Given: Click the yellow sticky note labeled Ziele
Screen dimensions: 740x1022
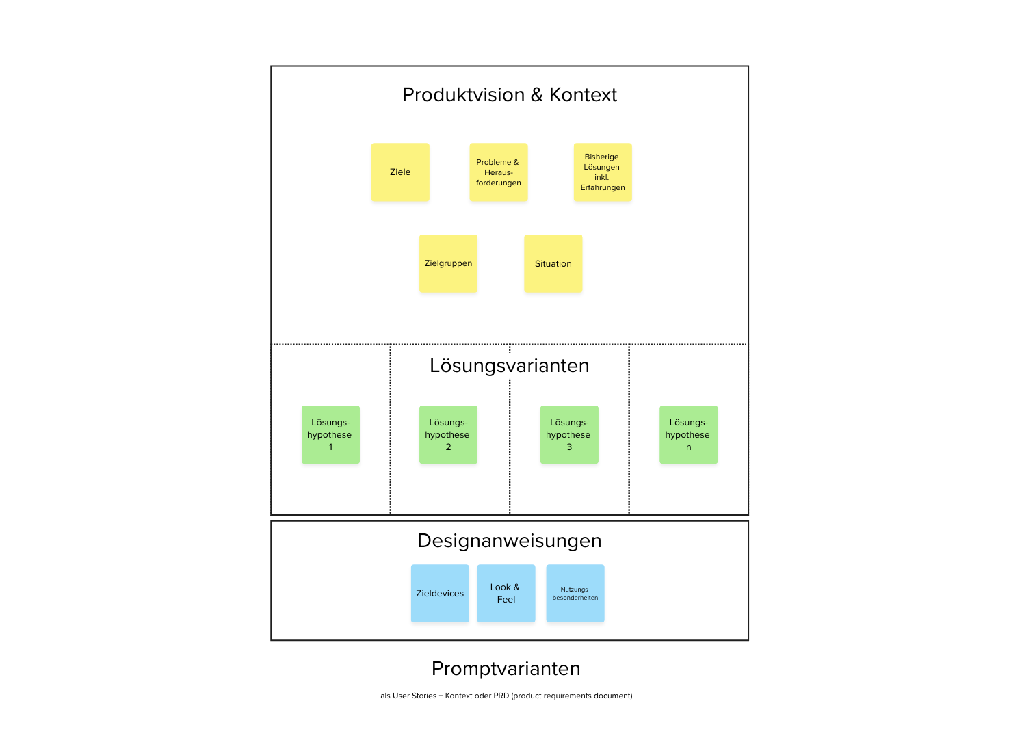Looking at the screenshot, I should [400, 172].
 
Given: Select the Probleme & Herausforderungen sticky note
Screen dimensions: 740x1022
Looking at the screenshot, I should [499, 172].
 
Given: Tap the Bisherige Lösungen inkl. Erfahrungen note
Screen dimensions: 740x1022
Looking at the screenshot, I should [603, 172].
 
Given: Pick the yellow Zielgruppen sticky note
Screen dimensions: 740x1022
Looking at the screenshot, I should [448, 264].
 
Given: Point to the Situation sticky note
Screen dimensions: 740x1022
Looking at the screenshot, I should [553, 264].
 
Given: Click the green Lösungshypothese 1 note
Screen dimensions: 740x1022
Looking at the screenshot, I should [330, 435].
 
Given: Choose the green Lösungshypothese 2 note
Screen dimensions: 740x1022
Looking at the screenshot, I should [448, 435].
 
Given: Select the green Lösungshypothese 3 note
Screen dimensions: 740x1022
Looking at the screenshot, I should [569, 435].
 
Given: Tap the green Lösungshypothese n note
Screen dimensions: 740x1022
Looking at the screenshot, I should [688, 435].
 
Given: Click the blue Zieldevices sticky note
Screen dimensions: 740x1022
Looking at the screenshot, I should [440, 594].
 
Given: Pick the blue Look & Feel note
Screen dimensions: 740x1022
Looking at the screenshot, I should [506, 594].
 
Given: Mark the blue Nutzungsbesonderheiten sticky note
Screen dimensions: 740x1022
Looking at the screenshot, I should [575, 594].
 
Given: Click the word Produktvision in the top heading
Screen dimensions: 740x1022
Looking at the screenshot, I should [463, 95].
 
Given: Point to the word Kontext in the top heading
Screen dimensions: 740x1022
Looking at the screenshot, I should [583, 95].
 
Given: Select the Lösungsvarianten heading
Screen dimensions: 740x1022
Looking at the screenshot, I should [510, 366].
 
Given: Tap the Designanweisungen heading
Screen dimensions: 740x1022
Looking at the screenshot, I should [510, 541].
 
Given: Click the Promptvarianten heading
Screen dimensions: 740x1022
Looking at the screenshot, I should [506, 669].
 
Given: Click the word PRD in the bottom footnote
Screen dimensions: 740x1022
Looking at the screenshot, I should [501, 696].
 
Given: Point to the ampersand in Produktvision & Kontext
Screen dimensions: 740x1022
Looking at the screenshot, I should [537, 95].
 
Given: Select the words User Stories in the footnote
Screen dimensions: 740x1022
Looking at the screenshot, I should [415, 696].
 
